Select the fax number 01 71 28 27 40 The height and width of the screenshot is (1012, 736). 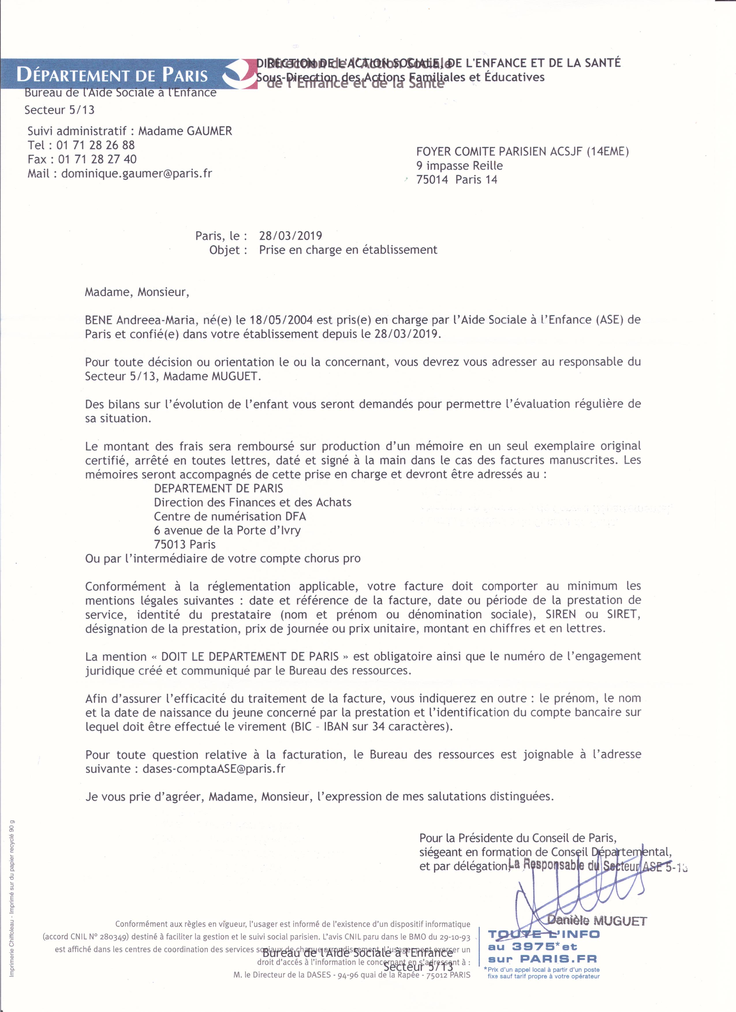tap(97, 159)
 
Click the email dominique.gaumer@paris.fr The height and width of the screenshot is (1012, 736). tap(137, 174)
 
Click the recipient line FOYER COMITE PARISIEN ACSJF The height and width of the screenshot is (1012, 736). tap(522, 152)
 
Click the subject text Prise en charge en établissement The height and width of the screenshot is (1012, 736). tap(348, 250)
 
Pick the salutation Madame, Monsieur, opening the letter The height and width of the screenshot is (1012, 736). tap(137, 292)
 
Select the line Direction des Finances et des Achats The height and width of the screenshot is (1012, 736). tap(253, 503)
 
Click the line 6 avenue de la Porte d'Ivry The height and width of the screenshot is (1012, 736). tap(227, 531)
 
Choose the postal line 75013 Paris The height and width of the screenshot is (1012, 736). tap(185, 544)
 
